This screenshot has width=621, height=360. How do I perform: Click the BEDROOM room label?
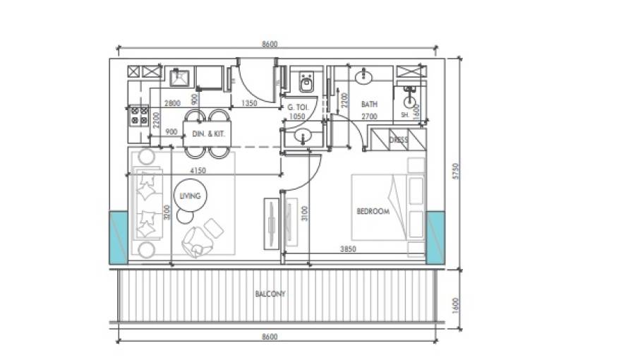pos(373,211)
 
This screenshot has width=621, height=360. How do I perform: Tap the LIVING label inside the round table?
pos(190,196)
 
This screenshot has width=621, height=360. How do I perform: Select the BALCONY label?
pos(270,294)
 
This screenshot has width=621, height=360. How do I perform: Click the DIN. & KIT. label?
pos(208,134)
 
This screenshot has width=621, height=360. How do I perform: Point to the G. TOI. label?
pos(299,107)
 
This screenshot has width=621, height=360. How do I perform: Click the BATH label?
pos(369,104)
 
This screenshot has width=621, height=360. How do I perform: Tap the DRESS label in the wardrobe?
pos(399,140)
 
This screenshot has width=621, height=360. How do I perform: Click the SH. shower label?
pos(405,115)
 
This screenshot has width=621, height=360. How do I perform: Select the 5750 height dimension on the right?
pos(455,171)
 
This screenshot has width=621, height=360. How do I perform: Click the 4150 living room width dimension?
pos(198,171)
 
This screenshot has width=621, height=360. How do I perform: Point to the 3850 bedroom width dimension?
pos(348,249)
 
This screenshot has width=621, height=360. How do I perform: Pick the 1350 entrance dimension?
pos(249,103)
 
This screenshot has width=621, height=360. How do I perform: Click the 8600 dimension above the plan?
pos(270,44)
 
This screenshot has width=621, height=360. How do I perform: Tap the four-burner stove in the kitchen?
pos(139,116)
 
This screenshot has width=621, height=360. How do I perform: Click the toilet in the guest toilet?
pos(306,82)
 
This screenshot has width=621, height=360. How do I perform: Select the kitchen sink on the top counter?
pos(179,77)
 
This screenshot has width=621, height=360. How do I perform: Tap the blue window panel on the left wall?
pos(119,238)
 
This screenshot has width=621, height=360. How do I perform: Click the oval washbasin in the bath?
pos(363,77)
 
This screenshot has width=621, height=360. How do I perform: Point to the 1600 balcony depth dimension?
pos(455,306)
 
